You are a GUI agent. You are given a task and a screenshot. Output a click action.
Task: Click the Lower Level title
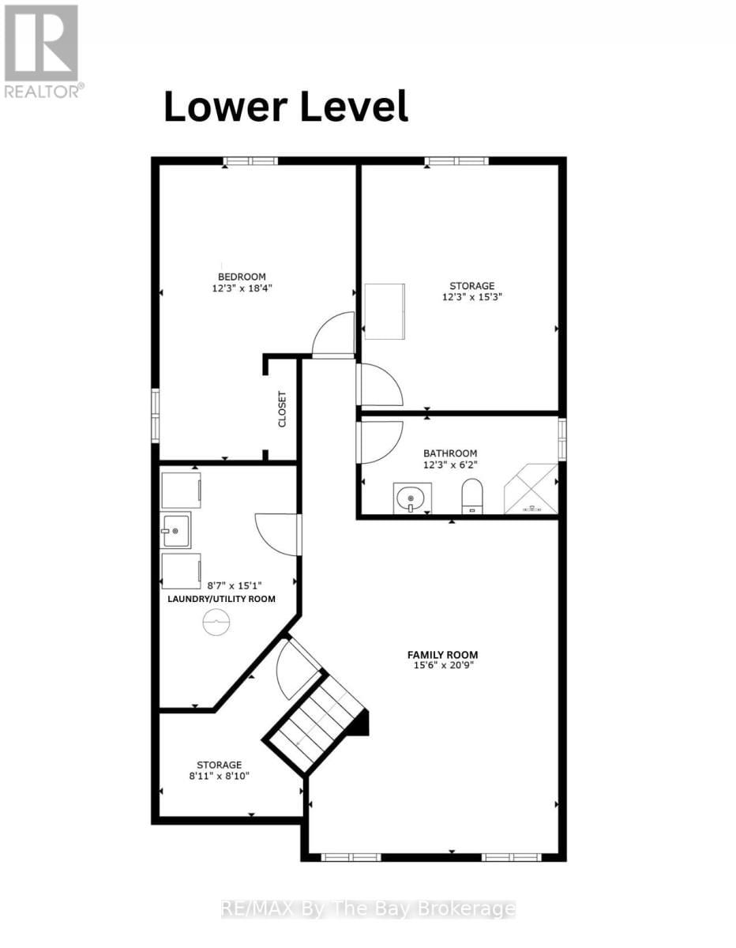point(285,107)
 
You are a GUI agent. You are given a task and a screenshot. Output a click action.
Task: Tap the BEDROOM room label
point(242,276)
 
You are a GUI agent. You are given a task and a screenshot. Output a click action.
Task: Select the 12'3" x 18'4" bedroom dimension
point(242,288)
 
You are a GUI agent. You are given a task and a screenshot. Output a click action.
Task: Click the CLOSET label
point(282,409)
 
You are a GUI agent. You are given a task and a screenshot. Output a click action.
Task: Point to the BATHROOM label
point(450,453)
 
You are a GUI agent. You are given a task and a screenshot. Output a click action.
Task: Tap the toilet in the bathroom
point(471,496)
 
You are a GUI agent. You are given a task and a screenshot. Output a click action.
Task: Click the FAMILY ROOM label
point(442,654)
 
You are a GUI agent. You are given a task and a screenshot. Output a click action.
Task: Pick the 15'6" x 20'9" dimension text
point(442,666)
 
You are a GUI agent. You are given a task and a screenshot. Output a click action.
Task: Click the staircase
point(316,723)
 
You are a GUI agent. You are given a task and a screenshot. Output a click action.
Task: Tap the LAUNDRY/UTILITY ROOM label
point(221,599)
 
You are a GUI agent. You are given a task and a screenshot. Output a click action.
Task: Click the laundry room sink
point(175,529)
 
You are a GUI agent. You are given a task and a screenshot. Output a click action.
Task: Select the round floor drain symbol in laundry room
point(216,625)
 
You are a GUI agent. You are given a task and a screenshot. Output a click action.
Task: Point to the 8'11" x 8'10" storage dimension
point(220,777)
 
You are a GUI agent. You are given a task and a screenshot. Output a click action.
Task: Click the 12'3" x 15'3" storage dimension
point(472,298)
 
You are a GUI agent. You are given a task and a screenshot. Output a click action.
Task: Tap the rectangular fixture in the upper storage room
point(384,311)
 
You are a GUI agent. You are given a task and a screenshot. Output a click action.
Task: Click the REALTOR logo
point(41,51)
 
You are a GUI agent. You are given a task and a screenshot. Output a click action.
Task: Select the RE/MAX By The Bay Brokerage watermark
point(367,909)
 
